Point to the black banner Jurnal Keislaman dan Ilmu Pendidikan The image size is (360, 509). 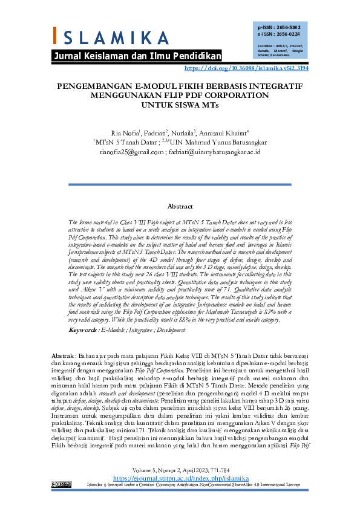click(138, 56)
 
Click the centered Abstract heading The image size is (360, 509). click(180, 206)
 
